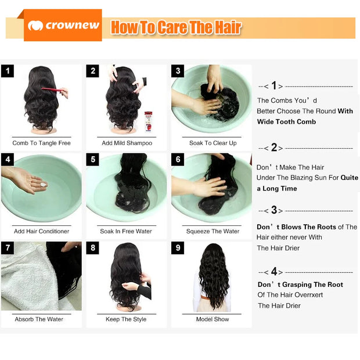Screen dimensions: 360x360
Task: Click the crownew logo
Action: (x=63, y=26)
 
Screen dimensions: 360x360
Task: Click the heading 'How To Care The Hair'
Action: (x=175, y=27)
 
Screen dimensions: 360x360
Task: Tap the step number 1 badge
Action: (x=7, y=71)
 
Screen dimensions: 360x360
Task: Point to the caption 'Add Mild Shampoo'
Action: (x=127, y=143)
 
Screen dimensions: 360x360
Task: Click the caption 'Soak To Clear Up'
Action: (x=213, y=143)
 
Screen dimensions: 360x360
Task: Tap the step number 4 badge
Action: (x=7, y=159)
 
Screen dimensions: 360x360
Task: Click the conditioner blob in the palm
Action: (x=42, y=184)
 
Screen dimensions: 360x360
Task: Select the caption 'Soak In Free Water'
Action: (x=125, y=231)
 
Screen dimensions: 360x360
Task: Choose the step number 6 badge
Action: (x=178, y=159)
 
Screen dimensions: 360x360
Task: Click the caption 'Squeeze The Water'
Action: (x=213, y=231)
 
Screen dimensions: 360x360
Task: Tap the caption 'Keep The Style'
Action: (x=126, y=319)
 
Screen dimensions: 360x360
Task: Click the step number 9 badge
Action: (x=178, y=248)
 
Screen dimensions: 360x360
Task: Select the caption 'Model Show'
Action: (x=213, y=319)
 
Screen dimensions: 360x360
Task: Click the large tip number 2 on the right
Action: (x=273, y=147)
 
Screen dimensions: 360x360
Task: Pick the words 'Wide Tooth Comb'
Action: (x=287, y=121)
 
